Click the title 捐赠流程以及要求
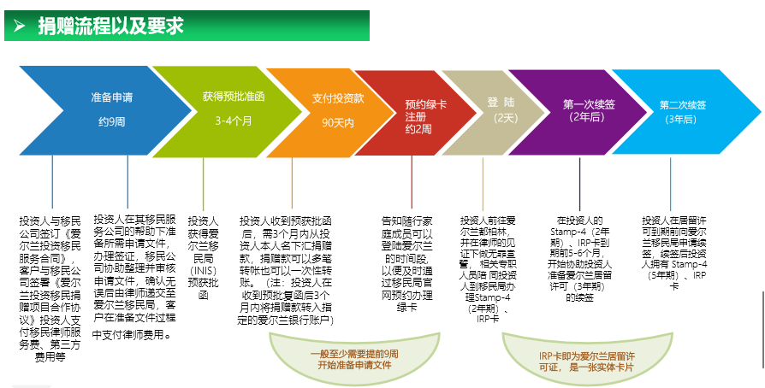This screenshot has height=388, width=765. coord(111,26)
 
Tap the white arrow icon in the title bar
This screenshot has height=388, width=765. coord(19,26)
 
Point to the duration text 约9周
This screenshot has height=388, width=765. coord(111,122)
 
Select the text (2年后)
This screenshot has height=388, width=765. coord(587,117)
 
